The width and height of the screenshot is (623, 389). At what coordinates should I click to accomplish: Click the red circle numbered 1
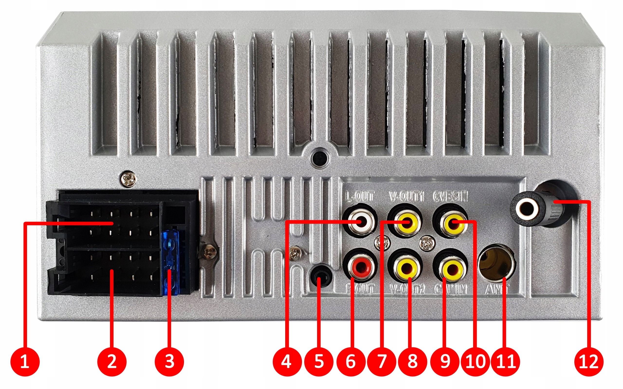[x=25, y=361]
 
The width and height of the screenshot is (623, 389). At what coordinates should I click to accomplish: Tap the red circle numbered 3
[x=169, y=361]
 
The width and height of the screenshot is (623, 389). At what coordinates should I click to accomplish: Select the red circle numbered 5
[x=319, y=361]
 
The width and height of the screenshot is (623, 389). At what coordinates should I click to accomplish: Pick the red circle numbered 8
[x=412, y=361]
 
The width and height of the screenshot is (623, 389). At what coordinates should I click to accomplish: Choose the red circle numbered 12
[x=588, y=361]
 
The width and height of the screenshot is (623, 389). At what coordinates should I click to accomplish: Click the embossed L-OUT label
[x=359, y=197]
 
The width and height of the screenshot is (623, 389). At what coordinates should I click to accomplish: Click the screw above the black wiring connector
[x=128, y=179]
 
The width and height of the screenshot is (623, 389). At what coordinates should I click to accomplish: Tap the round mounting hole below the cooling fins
[x=319, y=157]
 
